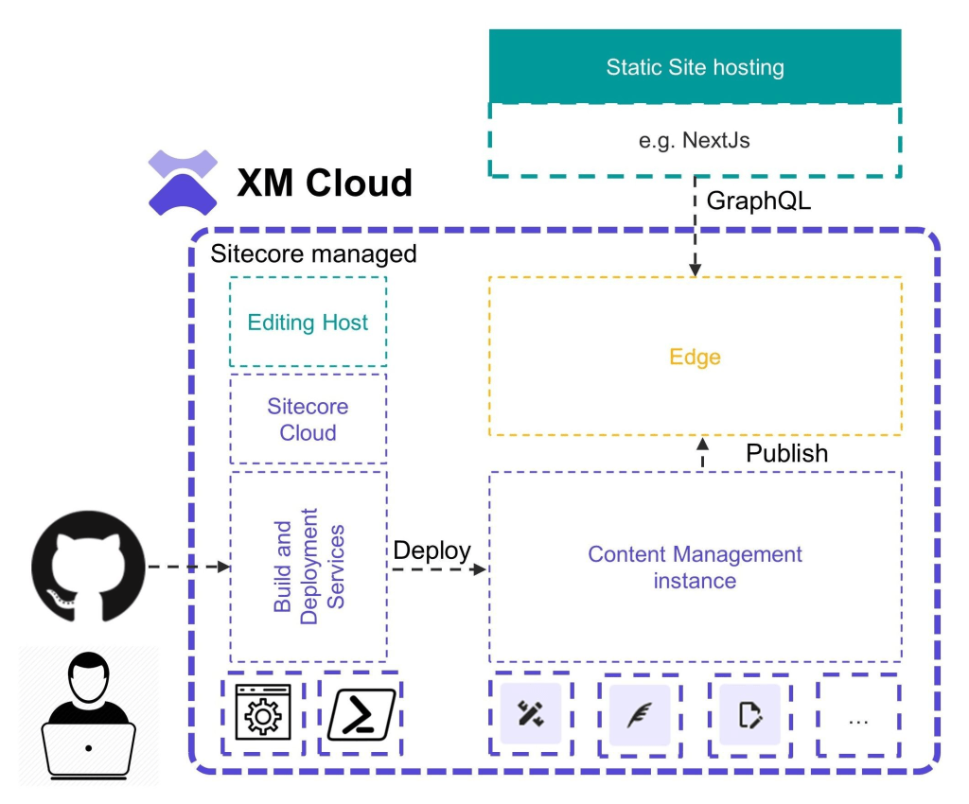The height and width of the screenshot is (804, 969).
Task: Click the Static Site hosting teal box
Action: [695, 66]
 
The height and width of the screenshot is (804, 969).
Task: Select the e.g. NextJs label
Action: [695, 139]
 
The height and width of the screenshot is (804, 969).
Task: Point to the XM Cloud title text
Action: [325, 183]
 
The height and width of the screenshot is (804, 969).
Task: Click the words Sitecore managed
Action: [312, 253]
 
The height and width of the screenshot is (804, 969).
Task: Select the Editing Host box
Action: [308, 323]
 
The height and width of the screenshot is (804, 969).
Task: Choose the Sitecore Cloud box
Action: [308, 420]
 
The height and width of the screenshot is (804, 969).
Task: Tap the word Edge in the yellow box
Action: [695, 357]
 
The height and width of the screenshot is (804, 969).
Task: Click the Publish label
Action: [786, 453]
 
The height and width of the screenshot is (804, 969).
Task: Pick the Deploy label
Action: [432, 551]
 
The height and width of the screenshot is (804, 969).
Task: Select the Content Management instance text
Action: [695, 567]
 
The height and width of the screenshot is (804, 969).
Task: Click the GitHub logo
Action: [88, 568]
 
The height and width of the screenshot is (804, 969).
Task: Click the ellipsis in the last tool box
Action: [858, 719]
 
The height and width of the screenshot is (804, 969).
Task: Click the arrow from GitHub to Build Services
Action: [189, 567]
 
